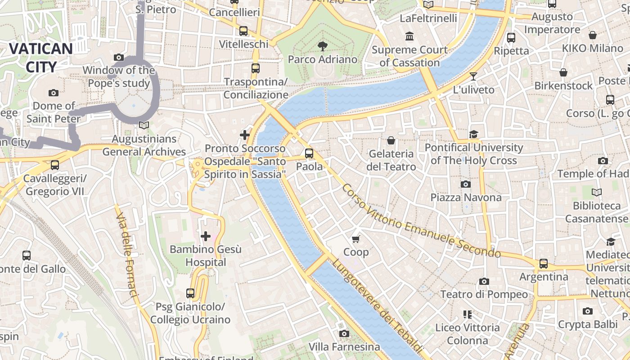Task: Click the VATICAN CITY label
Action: (40, 58)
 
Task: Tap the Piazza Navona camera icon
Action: (466, 184)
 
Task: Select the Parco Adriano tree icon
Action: (322, 45)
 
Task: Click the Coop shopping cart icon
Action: (356, 238)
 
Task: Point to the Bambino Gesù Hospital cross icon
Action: (206, 236)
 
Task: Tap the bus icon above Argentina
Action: (544, 263)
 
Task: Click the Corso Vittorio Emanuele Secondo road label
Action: (421, 221)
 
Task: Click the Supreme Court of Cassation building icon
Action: (409, 36)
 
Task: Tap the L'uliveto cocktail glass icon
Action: (473, 76)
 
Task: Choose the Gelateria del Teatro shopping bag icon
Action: (391, 140)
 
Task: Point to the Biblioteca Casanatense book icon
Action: (596, 193)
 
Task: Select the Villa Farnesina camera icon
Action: (344, 333)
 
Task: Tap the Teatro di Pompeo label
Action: (484, 294)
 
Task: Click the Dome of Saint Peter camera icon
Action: (54, 93)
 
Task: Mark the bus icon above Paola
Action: (309, 153)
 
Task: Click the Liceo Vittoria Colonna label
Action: (467, 334)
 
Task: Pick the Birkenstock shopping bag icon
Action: (563, 72)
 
